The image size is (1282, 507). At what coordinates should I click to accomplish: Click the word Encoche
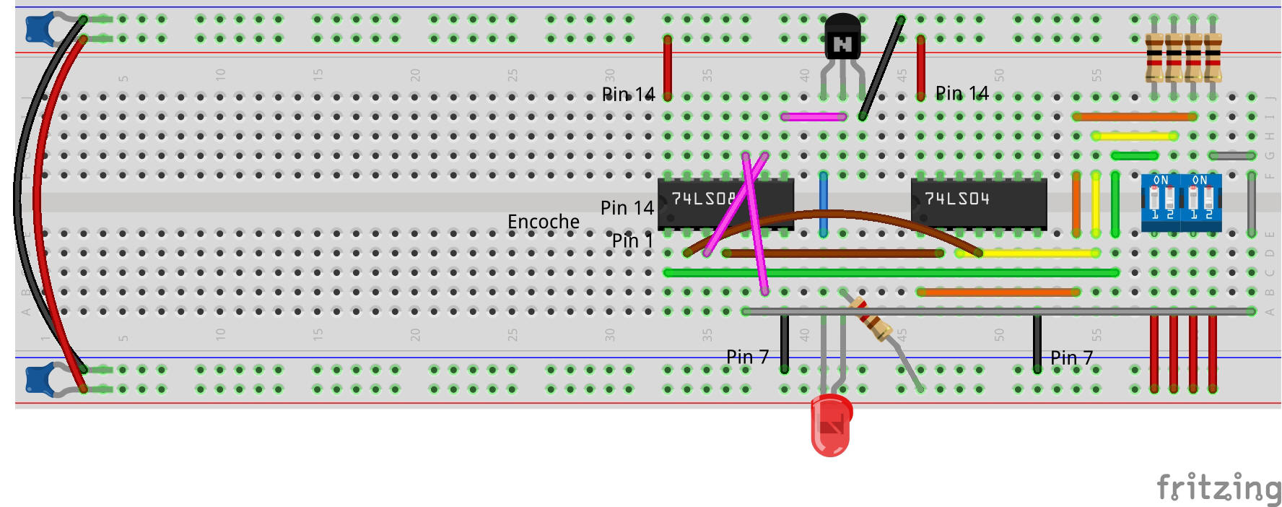point(543,222)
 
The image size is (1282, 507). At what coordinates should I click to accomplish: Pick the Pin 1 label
point(632,240)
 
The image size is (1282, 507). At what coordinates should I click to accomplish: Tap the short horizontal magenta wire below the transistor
point(814,116)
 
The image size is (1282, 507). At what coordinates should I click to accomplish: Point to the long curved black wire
point(22,195)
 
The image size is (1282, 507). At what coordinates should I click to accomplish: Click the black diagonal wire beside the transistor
point(881,69)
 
